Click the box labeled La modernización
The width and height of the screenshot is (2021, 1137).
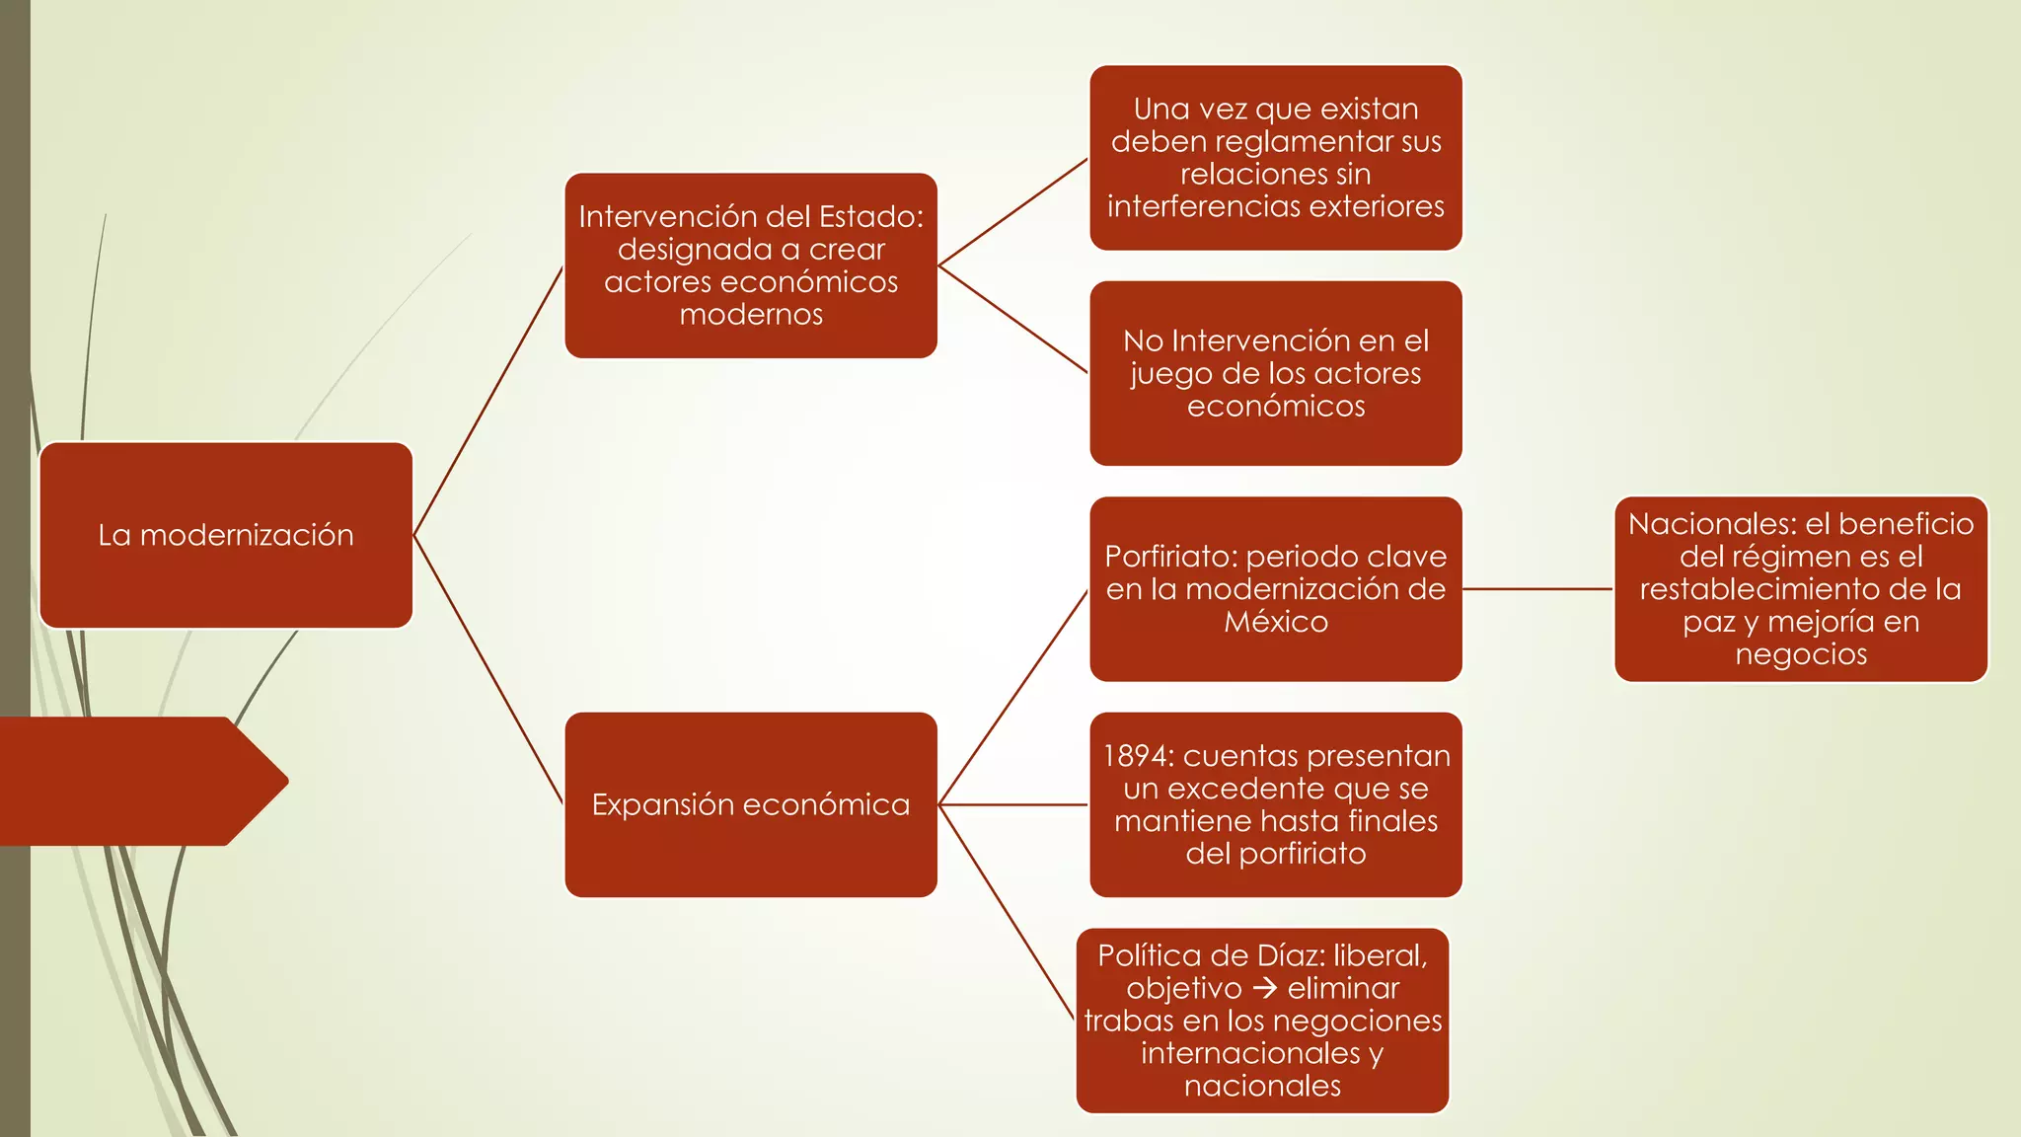point(226,535)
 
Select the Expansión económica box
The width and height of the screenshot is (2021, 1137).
point(750,804)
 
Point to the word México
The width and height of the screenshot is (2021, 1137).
point(1276,622)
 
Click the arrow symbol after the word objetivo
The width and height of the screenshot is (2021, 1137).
point(1264,988)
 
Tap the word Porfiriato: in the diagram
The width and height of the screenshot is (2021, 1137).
point(1170,557)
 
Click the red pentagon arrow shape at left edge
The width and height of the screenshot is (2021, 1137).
point(138,781)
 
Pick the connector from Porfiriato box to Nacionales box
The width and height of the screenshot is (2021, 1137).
point(1537,589)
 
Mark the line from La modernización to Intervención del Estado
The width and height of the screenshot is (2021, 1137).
point(488,401)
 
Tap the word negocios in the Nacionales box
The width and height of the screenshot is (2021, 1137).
point(1801,654)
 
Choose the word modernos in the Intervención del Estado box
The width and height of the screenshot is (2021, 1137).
point(751,315)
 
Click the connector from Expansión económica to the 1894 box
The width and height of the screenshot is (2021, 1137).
point(1013,804)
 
